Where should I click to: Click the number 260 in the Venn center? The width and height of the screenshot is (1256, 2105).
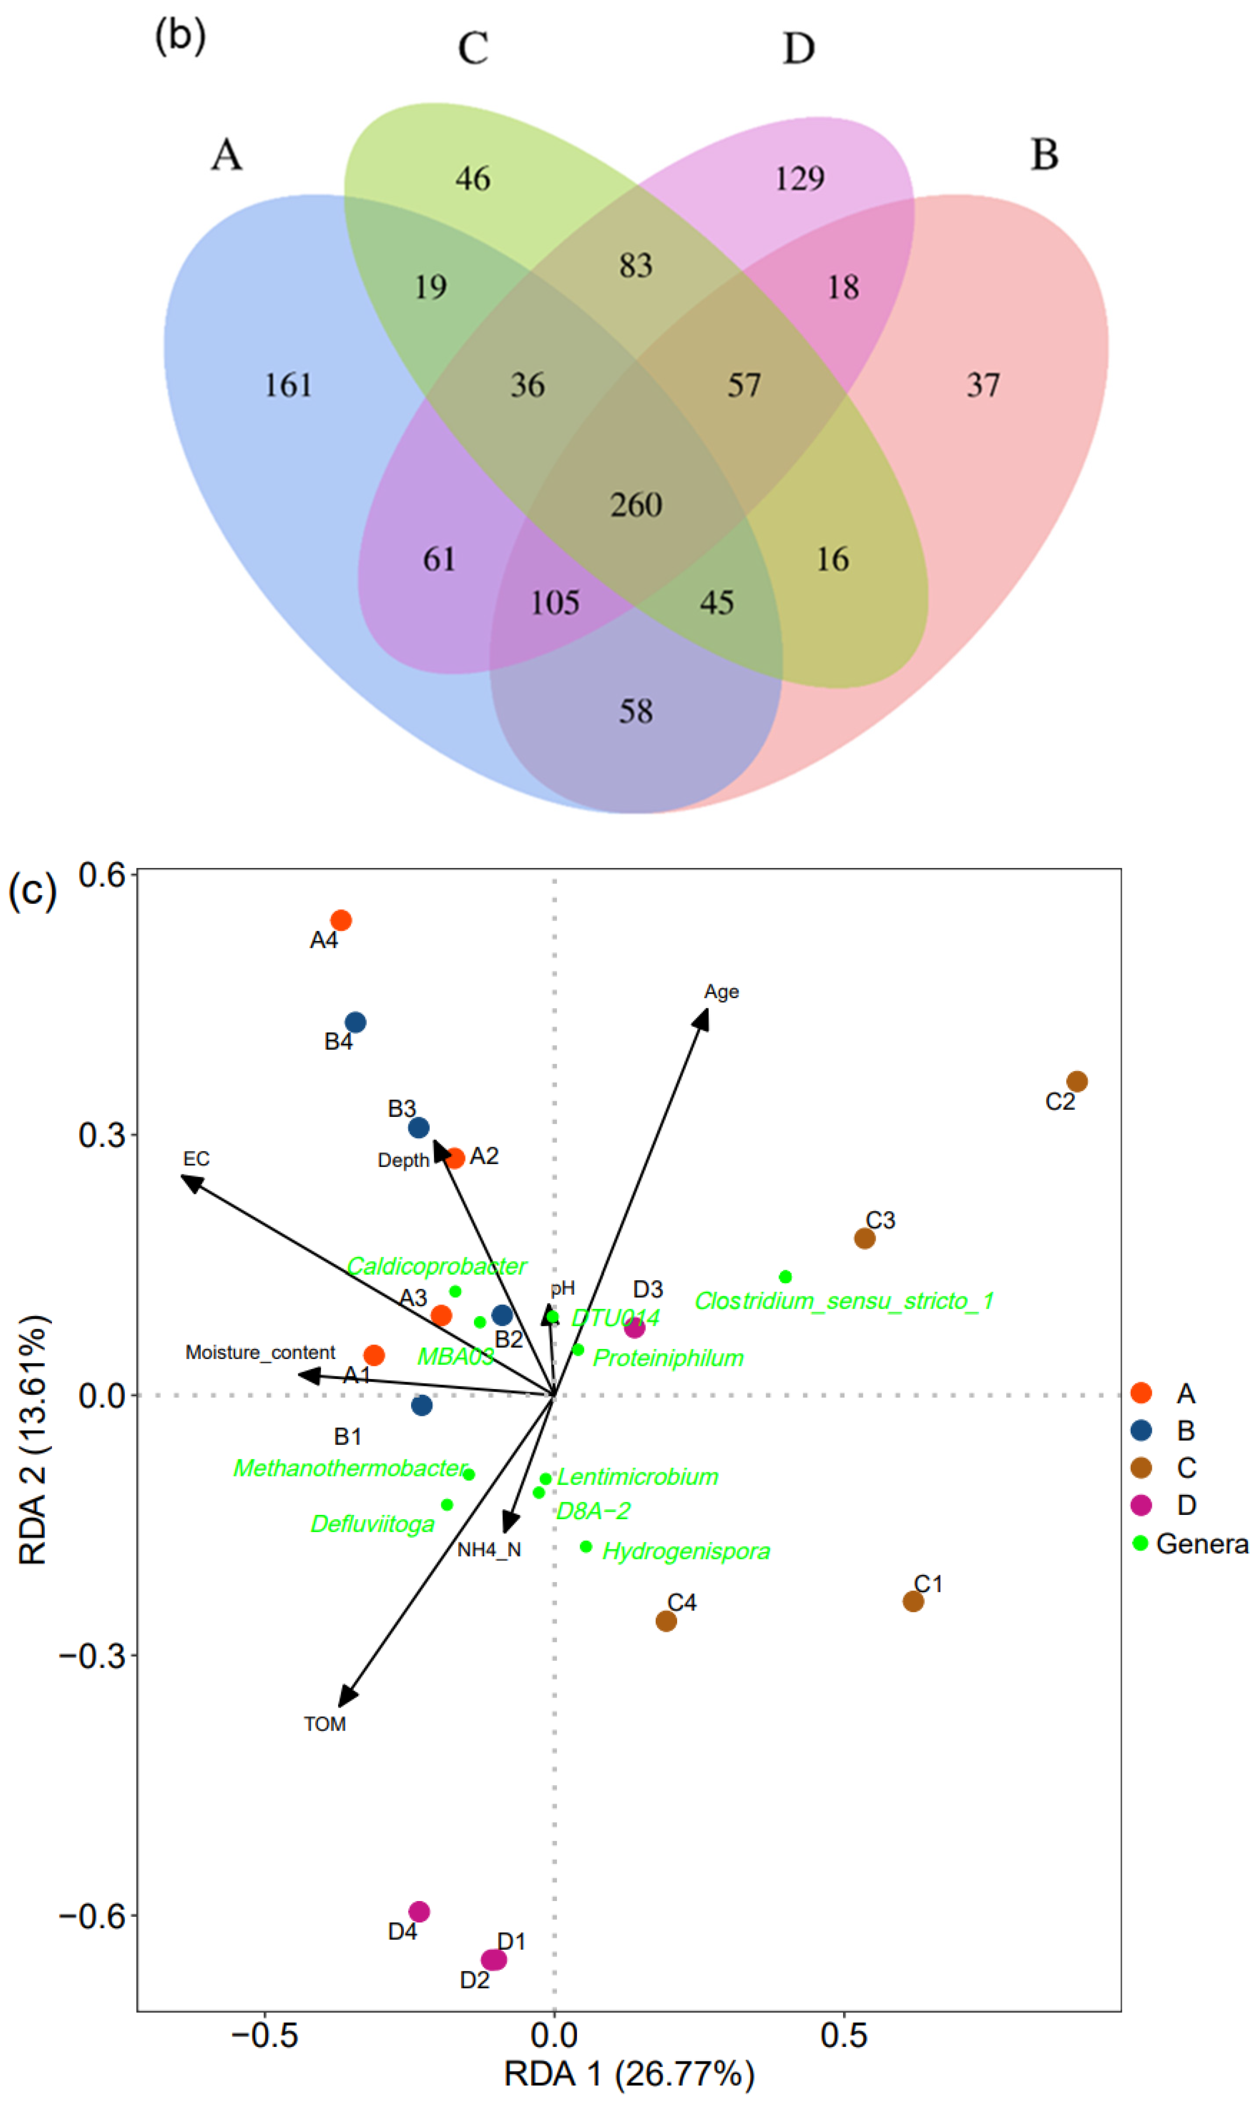click(636, 505)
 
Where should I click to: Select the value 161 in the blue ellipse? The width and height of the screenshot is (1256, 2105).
click(289, 386)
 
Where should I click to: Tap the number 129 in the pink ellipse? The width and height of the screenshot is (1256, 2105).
click(799, 179)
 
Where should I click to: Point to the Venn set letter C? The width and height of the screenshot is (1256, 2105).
click(473, 48)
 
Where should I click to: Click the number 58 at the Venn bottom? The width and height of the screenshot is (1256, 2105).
click(636, 711)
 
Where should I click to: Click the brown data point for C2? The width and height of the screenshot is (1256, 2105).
click(1076, 1081)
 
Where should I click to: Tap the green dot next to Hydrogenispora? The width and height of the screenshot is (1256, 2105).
click(586, 1547)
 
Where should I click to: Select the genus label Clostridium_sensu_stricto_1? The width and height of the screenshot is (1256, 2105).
click(844, 1300)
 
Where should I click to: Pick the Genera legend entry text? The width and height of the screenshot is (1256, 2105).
click(1202, 1544)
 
